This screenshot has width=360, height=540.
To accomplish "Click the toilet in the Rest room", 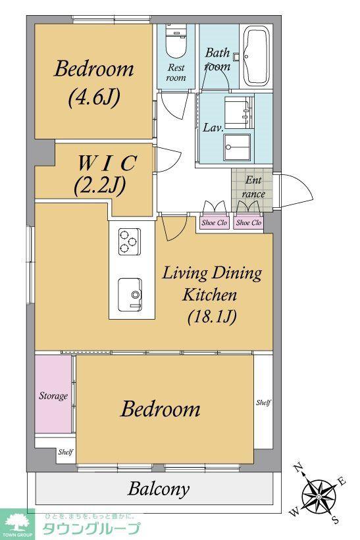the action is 176,42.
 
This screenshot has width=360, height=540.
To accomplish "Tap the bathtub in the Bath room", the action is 256,57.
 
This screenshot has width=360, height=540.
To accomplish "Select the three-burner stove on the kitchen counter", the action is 130,241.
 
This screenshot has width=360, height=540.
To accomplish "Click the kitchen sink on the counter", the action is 130,295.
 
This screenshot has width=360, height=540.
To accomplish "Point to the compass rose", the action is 319,495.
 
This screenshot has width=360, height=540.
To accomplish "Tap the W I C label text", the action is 107,163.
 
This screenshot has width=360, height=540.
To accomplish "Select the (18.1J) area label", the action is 212,316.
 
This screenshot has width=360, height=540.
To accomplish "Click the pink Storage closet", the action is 53,395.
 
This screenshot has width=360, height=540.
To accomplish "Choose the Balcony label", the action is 159,489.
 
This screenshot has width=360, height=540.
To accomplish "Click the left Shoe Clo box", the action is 215,222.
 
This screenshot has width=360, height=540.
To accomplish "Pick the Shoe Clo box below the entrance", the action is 249,222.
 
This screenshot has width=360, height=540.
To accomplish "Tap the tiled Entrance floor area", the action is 252,190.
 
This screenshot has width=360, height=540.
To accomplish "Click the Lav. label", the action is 213,128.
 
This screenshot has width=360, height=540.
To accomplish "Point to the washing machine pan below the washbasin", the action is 237,147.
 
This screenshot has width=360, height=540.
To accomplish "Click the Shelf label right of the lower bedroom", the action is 263,403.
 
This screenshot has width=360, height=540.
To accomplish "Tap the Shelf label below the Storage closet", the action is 65,451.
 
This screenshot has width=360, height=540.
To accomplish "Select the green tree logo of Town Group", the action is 17,522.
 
